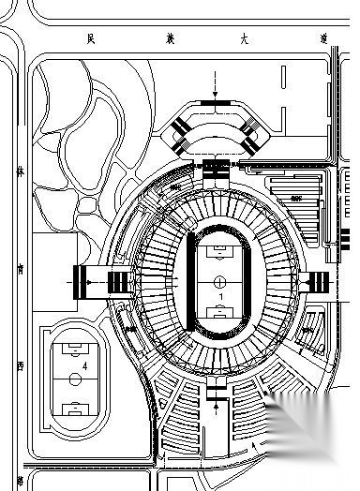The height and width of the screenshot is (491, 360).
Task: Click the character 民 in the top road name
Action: [x=90, y=39]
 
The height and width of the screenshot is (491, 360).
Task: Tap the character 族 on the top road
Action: [x=167, y=39]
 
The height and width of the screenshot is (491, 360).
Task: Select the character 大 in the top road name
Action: [x=245, y=39]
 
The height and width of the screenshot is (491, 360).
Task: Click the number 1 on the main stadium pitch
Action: [x=219, y=296]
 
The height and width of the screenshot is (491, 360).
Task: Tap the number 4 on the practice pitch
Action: [x=85, y=364]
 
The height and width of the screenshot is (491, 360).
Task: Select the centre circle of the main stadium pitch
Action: [x=218, y=280]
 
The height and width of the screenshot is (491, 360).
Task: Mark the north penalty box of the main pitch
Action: [x=218, y=250]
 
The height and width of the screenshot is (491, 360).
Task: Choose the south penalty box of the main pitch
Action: [x=218, y=311]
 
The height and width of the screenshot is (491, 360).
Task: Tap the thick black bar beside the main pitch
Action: [x=191, y=281]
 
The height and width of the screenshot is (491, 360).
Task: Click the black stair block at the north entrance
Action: [x=216, y=168]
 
